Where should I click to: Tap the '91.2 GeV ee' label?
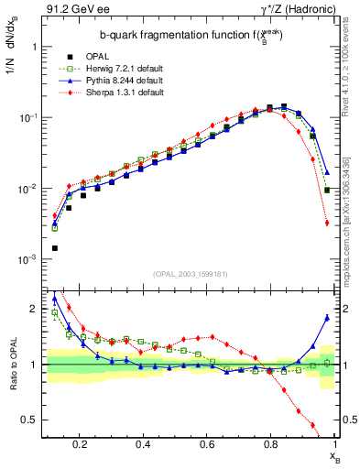71,11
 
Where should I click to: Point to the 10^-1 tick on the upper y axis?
27,118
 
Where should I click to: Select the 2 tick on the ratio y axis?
34,309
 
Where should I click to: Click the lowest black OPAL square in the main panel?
55,248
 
